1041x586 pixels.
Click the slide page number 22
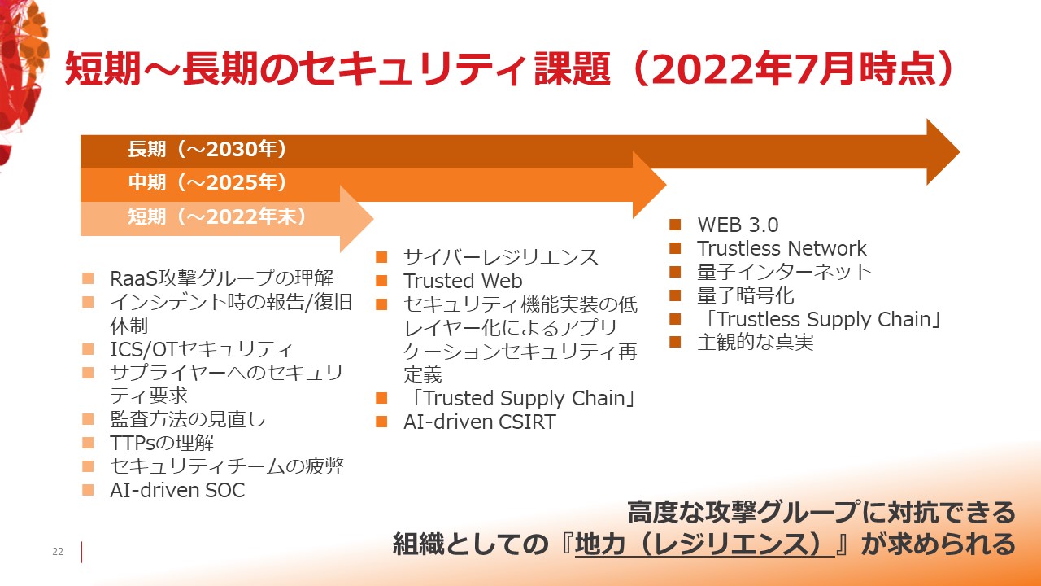[58, 552]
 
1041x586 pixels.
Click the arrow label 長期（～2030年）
[207, 149]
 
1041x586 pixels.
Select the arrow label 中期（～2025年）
[207, 182]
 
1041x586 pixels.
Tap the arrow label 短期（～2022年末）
[217, 216]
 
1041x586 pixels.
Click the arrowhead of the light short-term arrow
[356, 219]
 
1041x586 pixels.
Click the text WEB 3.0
[738, 225]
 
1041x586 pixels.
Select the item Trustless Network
[782, 248]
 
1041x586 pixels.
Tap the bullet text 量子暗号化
[746, 295]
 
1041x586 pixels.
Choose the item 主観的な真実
[756, 343]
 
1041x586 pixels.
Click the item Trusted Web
[463, 281]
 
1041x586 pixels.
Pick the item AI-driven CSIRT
[480, 422]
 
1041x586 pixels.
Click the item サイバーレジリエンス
[501, 257]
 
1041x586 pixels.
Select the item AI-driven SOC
[177, 491]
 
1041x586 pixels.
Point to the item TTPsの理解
[162, 444]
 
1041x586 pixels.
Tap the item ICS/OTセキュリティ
[201, 349]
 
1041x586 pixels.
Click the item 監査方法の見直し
[187, 419]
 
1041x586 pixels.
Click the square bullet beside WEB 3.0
[675, 225]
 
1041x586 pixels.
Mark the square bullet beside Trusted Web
[381, 281]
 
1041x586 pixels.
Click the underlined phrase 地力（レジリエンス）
[704, 544]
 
